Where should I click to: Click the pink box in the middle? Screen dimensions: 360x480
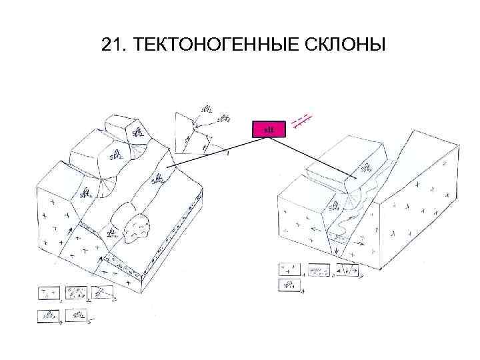(269, 129)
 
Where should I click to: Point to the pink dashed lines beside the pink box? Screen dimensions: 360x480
(303, 120)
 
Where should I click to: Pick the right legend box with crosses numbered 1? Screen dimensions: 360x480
(289, 269)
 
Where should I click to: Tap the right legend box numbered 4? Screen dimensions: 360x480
(289, 285)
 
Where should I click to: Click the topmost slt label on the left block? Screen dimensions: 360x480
(138, 131)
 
